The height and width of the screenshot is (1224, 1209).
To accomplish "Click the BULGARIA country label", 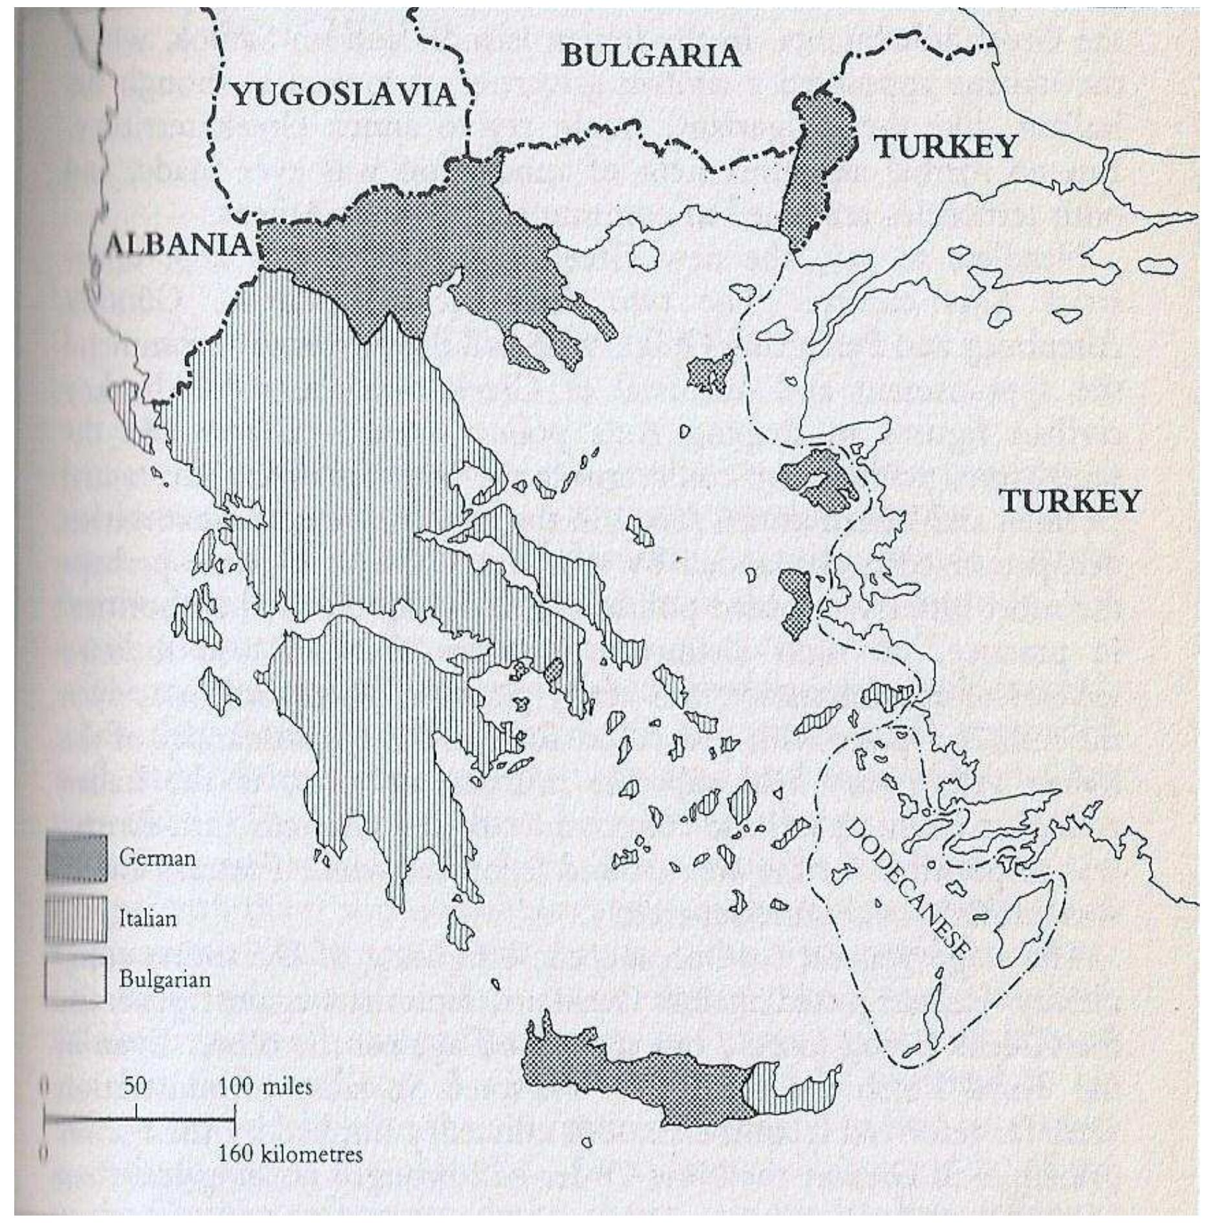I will click(x=650, y=56).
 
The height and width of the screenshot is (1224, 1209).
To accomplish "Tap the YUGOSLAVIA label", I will click(x=343, y=96).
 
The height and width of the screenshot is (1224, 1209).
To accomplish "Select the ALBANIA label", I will click(x=178, y=245).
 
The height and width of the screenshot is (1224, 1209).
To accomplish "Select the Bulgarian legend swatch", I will click(x=76, y=979).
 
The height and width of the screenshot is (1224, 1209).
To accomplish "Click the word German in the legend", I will click(x=157, y=858).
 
